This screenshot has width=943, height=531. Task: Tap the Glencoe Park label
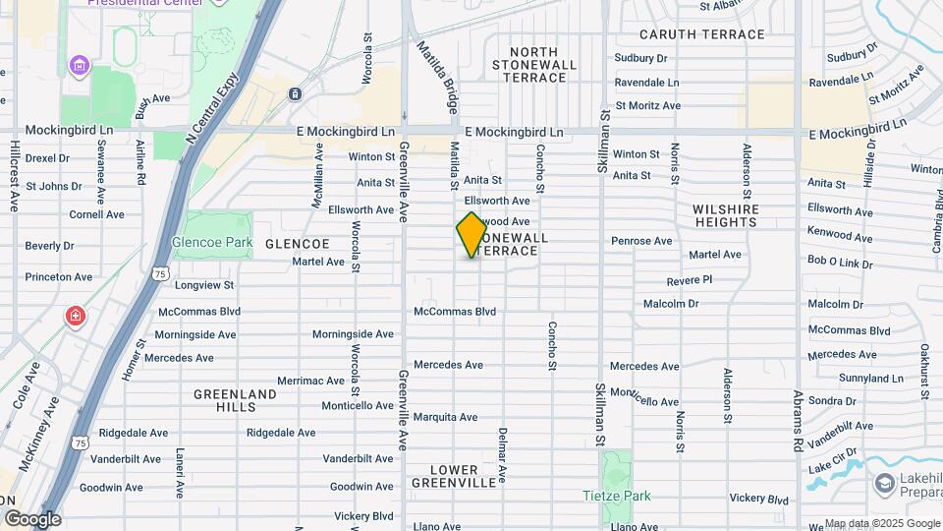(x=212, y=242)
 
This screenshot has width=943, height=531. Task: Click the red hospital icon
(x=76, y=317)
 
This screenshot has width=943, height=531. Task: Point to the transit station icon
(x=295, y=93)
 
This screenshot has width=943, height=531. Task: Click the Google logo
(x=31, y=519)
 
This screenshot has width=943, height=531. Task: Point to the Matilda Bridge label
(x=433, y=76)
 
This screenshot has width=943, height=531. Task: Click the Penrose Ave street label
(x=641, y=240)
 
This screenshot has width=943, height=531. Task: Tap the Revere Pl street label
(x=689, y=280)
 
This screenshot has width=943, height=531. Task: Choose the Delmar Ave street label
(x=502, y=454)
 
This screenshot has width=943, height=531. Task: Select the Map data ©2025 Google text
(x=882, y=523)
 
